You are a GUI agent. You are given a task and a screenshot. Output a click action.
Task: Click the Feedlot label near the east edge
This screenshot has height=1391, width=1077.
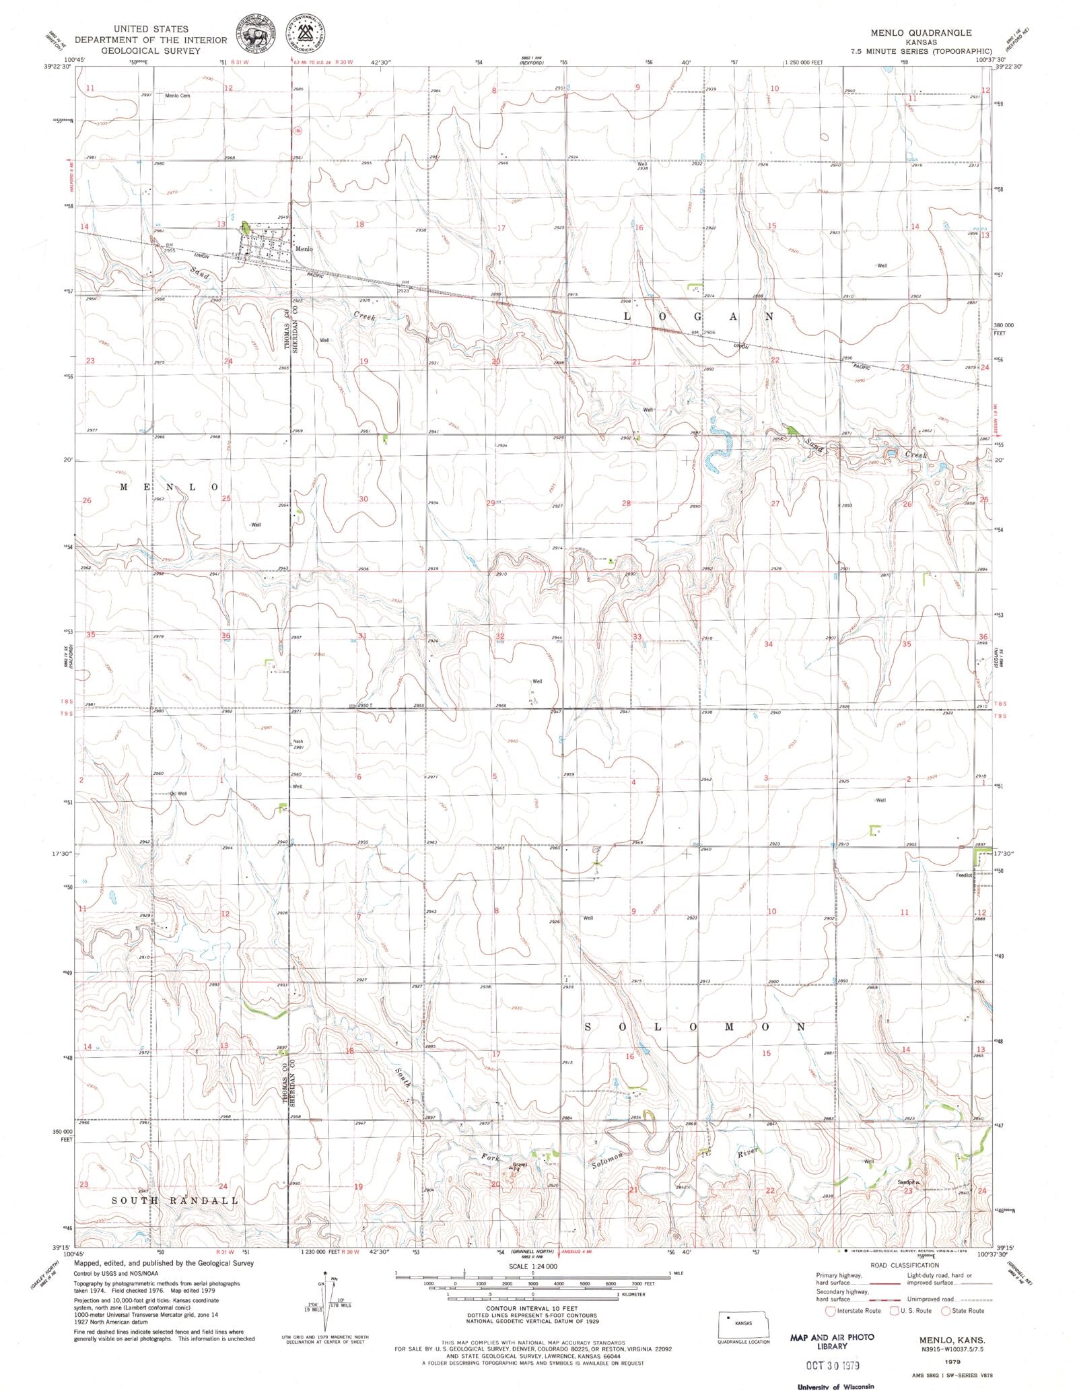[964, 875]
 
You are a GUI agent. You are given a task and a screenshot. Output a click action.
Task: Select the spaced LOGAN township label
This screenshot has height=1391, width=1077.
[697, 316]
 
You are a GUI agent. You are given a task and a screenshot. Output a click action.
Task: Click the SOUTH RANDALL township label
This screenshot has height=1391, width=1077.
[174, 1200]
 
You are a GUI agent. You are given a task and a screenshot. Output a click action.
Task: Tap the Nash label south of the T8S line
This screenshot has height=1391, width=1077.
[298, 742]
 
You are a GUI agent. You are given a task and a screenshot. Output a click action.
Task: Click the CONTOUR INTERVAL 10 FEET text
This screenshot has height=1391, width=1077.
[532, 1314]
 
